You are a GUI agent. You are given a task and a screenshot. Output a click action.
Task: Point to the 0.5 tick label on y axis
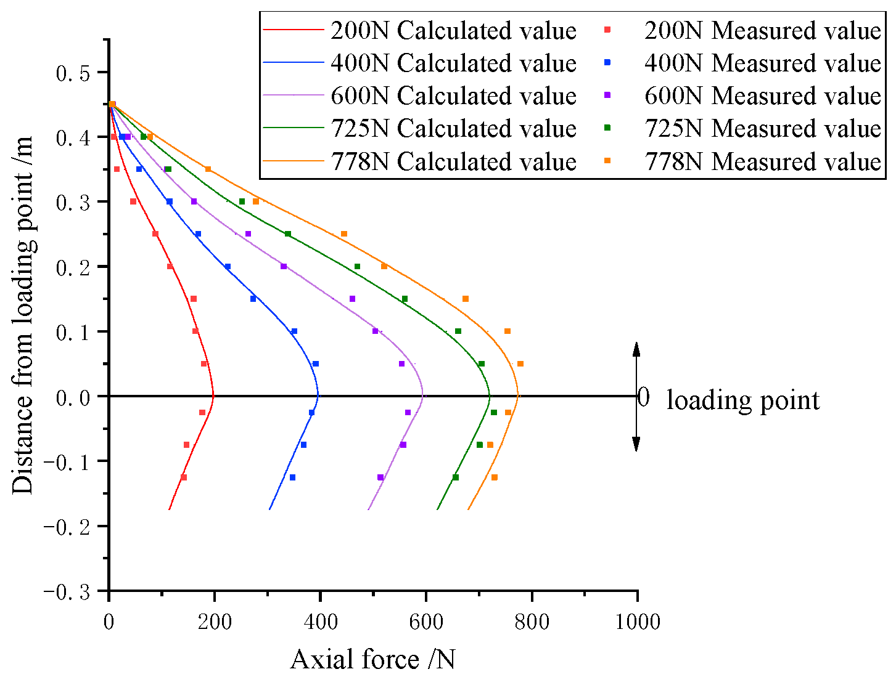[73, 73]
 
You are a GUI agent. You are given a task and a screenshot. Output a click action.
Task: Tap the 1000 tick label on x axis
[637, 622]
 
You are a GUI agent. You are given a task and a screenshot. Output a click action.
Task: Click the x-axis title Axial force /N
[373, 660]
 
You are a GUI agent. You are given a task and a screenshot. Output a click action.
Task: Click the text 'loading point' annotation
[743, 400]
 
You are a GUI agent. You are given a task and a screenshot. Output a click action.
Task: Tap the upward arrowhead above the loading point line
[637, 349]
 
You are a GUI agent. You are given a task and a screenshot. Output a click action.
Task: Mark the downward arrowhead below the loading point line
[637, 444]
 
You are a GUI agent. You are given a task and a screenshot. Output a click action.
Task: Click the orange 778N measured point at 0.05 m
[520, 364]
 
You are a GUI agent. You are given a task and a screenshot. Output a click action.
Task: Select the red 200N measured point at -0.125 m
[184, 477]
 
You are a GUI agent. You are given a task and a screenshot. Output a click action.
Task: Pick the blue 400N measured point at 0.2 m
[228, 267]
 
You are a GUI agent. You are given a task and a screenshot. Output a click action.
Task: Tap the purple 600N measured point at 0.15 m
[353, 299]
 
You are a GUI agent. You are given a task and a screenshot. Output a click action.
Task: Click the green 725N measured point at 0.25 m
[287, 234]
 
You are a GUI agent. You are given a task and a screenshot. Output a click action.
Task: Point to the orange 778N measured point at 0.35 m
[208, 169]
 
